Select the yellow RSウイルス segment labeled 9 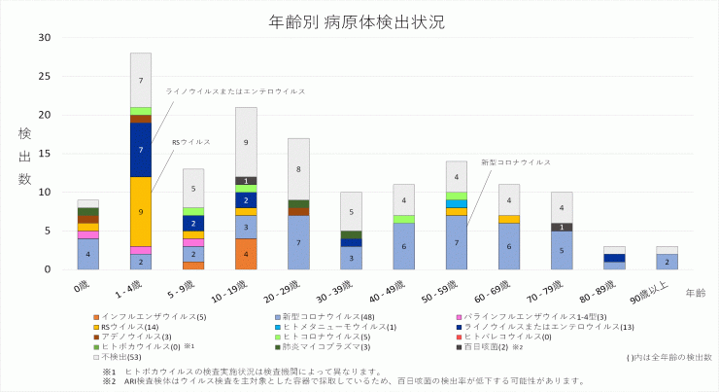click(x=141, y=211)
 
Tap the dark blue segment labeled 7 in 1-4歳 click(x=141, y=150)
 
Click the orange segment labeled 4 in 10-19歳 click(x=246, y=254)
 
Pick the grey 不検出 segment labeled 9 click(x=246, y=142)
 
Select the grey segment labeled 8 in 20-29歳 click(x=298, y=168)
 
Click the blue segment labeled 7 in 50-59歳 click(x=457, y=242)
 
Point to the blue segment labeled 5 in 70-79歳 click(x=562, y=250)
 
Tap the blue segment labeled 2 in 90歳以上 click(x=667, y=262)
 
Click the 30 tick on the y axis click(x=45, y=37)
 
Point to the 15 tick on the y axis click(x=45, y=154)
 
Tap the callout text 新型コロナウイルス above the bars click(x=516, y=162)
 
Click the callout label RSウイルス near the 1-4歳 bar click(x=190, y=142)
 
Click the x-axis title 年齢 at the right click(x=695, y=292)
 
